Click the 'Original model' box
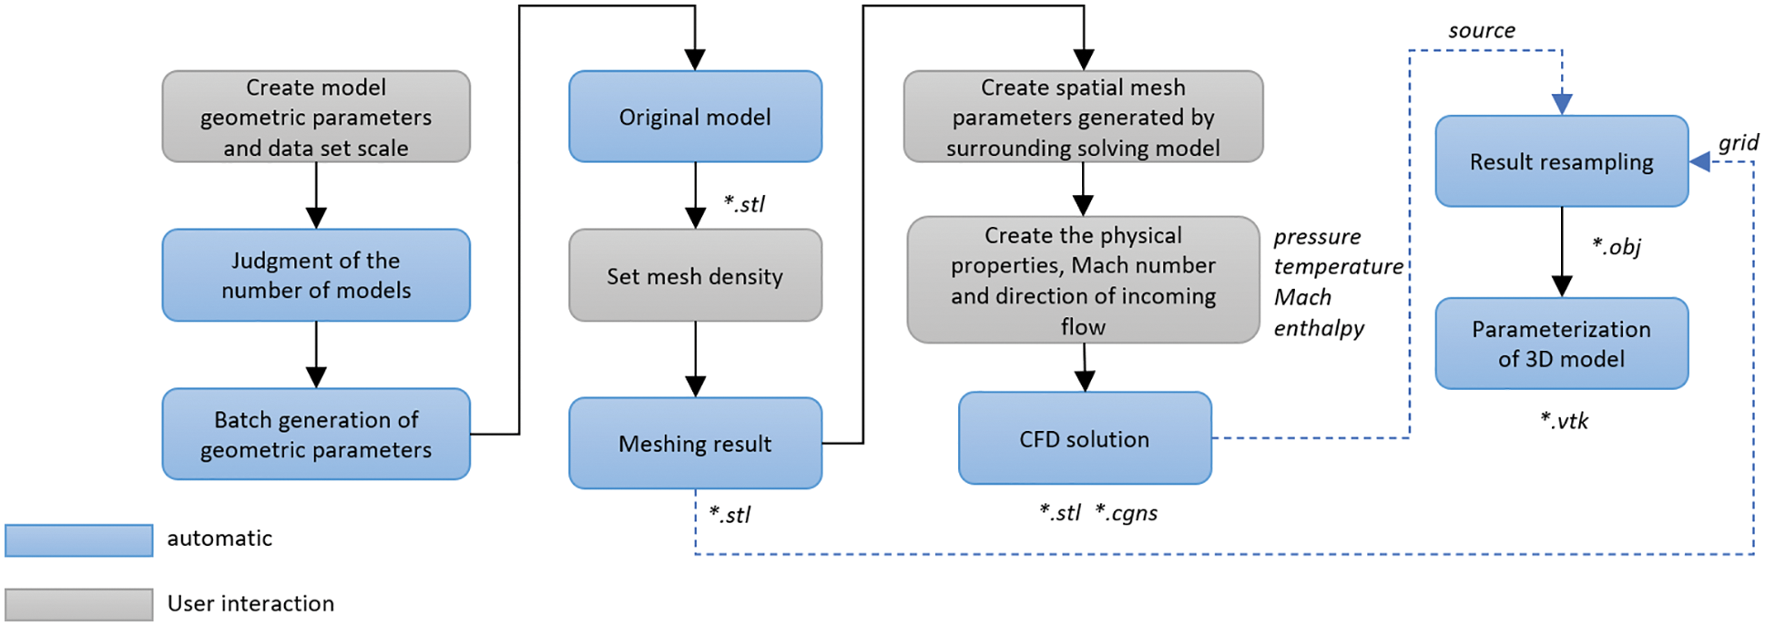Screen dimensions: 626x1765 (695, 117)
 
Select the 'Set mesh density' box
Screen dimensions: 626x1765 (695, 275)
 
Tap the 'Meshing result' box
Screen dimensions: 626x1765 (695, 443)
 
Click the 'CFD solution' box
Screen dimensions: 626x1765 (1084, 438)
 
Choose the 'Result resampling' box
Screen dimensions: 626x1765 (1561, 161)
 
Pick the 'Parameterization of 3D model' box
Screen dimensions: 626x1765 (1561, 344)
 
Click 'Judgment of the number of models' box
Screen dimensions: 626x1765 (316, 275)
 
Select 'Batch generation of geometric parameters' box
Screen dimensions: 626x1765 (316, 434)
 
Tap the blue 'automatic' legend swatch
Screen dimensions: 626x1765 (79, 539)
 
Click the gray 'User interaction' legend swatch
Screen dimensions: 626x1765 (79, 604)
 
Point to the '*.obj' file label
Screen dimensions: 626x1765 (1616, 247)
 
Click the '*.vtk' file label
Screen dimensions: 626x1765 (1564, 421)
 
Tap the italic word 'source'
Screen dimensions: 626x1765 (1482, 31)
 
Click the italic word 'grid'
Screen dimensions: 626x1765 (1738, 143)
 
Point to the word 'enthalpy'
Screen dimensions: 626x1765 (1319, 328)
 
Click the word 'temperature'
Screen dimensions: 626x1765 (1338, 267)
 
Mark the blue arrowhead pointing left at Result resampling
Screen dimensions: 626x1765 (1700, 162)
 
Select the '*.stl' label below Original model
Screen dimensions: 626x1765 (744, 204)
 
